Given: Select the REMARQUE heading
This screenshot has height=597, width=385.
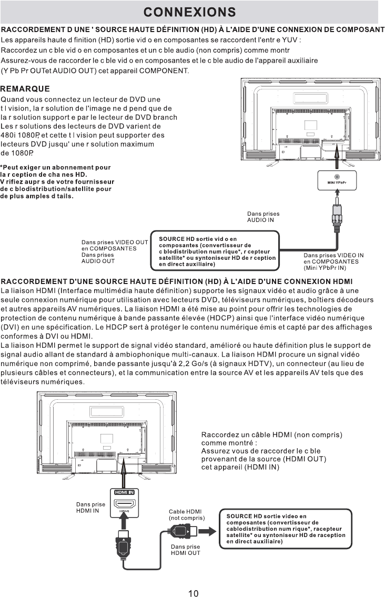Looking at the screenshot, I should click(x=25, y=89).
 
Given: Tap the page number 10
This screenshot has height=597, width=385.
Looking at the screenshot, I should click(x=193, y=593).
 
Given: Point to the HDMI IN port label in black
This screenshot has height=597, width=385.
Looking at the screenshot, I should click(x=124, y=492).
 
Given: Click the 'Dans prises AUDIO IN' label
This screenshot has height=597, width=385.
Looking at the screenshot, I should click(x=263, y=217).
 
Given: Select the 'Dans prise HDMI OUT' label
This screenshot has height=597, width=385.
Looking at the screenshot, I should click(x=186, y=550).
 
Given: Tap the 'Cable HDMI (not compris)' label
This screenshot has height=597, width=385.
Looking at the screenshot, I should click(x=186, y=514).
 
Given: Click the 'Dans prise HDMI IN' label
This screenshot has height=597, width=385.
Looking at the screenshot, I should click(x=90, y=507).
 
